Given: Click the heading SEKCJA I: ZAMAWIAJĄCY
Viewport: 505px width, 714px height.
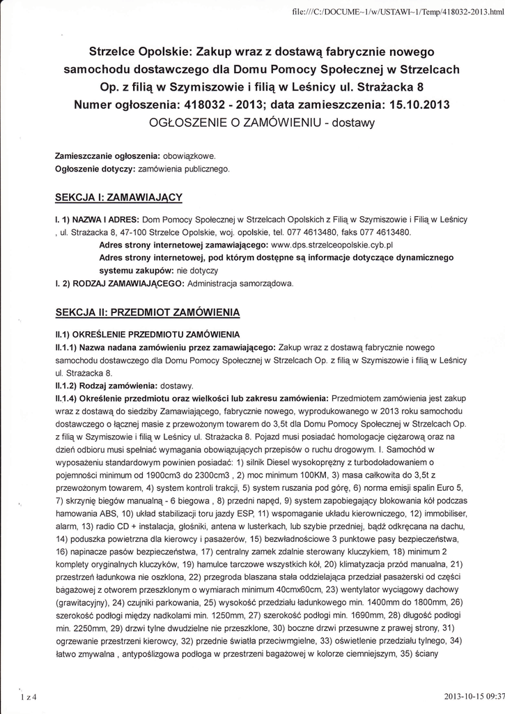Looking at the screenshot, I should [x=118, y=197].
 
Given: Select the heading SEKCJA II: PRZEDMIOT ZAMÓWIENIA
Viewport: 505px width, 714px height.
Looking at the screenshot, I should [x=147, y=311].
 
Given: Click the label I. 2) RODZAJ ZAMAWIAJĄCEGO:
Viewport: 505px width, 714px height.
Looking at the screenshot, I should [x=119, y=284].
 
